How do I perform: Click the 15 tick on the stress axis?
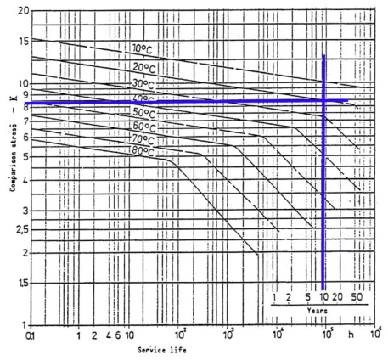18,40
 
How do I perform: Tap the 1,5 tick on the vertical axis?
18,284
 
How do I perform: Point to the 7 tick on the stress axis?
21,121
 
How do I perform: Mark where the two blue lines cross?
324,102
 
